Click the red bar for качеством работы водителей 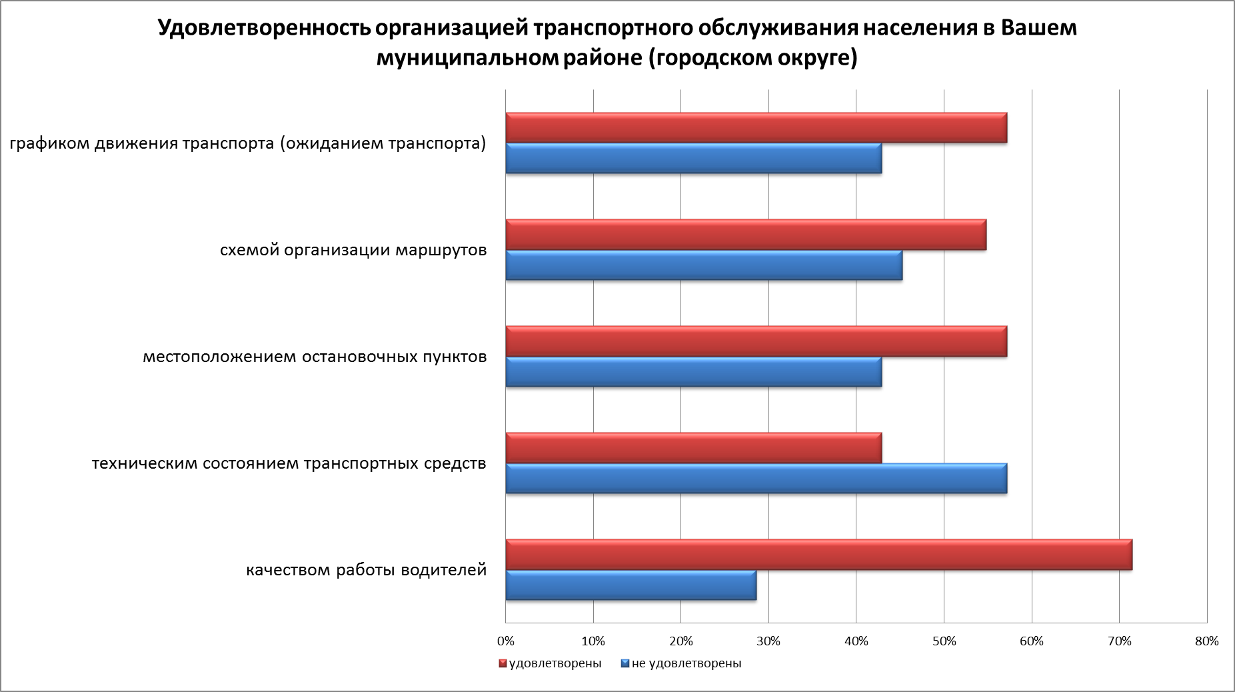[818, 555]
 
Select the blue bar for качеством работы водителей [630, 585]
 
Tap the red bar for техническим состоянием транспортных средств [693, 448]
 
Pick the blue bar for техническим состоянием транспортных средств [756, 479]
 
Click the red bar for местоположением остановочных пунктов [756, 341]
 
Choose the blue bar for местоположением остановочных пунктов [693, 372]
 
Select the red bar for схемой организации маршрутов [745, 235]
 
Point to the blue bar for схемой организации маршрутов [704, 265]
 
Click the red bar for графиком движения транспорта [756, 128]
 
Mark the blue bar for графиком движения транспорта [693, 159]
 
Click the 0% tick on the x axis [506, 641]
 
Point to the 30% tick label [768, 641]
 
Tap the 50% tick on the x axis [944, 641]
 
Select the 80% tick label [1207, 641]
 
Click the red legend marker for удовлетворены [503, 664]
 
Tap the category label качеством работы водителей [367, 571]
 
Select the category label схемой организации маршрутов [353, 251]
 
